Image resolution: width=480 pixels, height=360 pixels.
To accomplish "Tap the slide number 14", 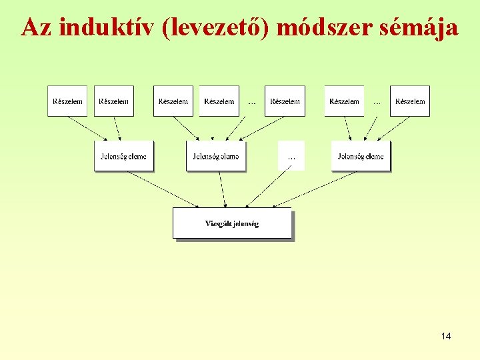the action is [446, 336].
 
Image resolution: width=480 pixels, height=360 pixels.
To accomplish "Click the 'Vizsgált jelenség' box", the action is [232, 223].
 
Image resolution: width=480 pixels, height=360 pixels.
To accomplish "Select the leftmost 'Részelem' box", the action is [67, 101].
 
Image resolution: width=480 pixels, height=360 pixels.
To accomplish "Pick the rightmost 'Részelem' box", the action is [410, 101].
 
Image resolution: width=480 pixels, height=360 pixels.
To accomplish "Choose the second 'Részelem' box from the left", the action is [114, 101].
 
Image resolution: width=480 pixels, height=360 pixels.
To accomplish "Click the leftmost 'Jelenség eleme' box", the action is [123, 157].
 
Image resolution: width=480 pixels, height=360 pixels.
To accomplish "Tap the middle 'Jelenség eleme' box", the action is [215, 157].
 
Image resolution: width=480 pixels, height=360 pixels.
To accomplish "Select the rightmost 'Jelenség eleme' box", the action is [361, 157].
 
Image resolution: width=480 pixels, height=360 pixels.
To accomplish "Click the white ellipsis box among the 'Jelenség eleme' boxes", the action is [291, 156].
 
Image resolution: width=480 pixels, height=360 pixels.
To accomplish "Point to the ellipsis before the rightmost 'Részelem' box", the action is [377, 102].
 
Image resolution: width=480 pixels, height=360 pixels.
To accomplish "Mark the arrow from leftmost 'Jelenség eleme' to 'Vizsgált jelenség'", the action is [163, 189].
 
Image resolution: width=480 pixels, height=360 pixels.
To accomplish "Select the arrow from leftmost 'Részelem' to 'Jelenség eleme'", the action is [87, 128].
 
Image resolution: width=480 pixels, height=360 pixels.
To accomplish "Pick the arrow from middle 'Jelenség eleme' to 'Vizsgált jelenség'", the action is [223, 189].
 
